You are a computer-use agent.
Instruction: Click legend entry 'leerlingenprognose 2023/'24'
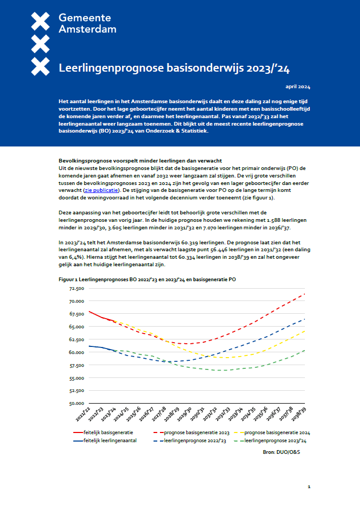278,441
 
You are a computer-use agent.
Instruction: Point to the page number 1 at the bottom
309,487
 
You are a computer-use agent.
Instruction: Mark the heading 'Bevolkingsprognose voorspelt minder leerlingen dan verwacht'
140,161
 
